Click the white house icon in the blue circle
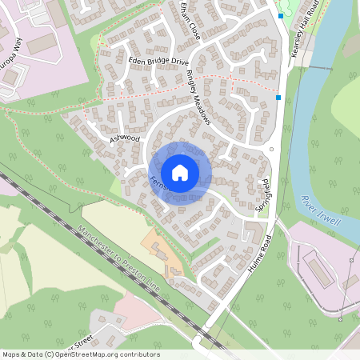(x=180, y=173)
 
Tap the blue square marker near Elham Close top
(x=280, y=15)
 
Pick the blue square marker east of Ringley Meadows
(x=278, y=98)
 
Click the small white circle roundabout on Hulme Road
(x=272, y=150)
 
